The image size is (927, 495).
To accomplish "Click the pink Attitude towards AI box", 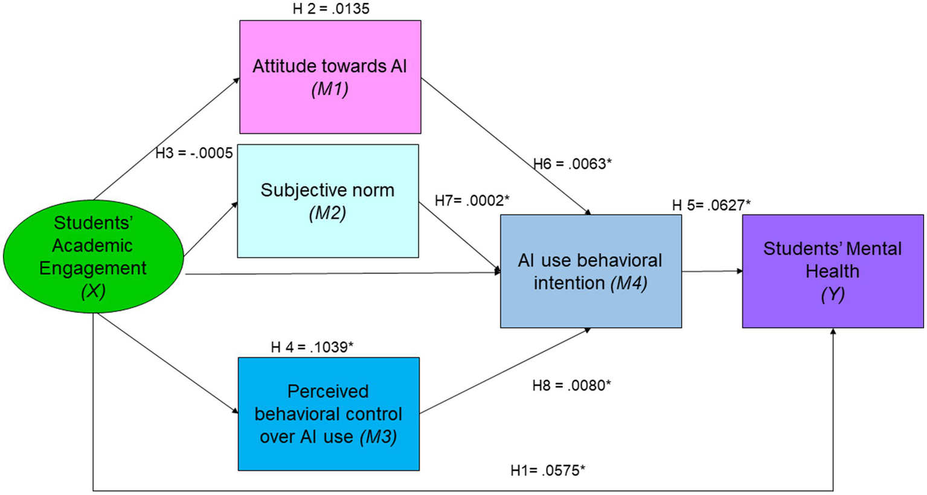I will click(330, 77).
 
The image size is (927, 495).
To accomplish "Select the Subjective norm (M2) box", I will click(327, 201).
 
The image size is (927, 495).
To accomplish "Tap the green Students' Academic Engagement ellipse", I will click(93, 257).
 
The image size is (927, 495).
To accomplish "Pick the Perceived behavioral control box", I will click(329, 414).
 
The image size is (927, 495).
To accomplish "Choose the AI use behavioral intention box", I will click(591, 272).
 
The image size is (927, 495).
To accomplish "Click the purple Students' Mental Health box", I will click(832, 272).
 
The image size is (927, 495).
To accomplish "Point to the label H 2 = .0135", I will click(331, 9).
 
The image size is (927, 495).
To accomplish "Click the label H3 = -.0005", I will click(194, 153).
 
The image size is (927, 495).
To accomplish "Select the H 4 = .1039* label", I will click(312, 347).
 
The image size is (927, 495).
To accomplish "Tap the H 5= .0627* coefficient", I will click(711, 205).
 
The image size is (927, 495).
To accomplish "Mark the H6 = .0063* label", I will click(572, 164).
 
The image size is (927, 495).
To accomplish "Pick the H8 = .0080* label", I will click(571, 385).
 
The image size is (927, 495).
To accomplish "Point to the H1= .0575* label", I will click(548, 471).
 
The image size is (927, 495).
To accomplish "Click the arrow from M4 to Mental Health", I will click(712, 272).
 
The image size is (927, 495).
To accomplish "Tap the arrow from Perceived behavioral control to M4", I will click(504, 371).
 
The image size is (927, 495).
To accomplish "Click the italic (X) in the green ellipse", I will click(93, 292).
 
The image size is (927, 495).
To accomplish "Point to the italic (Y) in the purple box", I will click(832, 295).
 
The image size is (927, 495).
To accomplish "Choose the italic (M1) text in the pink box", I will click(330, 89).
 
